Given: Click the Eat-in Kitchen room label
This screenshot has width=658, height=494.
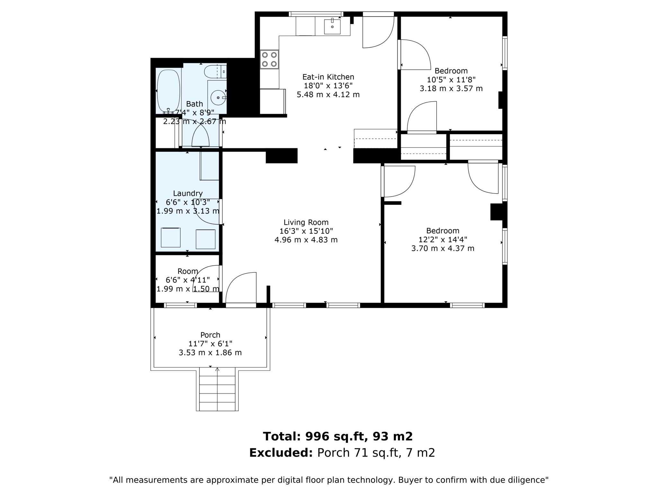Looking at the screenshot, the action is (x=328, y=77).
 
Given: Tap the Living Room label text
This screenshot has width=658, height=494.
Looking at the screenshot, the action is (x=306, y=223).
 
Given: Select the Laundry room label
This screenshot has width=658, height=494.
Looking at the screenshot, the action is (x=188, y=194).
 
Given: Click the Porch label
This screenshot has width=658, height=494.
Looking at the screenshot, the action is (x=210, y=335).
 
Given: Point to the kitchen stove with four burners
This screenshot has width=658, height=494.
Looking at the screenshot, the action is (x=269, y=59).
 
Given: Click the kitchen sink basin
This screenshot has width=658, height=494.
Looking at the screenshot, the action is (x=332, y=26).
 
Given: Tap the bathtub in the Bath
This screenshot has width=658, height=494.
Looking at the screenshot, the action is (x=168, y=91).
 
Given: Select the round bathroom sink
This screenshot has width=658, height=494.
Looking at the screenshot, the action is (x=218, y=97).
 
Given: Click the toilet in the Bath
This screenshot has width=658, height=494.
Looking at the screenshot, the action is (x=215, y=71).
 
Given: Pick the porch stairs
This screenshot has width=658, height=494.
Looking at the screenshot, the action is (x=217, y=389).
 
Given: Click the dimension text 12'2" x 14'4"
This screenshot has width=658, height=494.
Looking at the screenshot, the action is (x=442, y=240).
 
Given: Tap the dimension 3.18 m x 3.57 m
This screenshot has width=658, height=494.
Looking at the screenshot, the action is (x=451, y=88).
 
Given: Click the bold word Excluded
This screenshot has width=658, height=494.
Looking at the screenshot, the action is (x=281, y=453).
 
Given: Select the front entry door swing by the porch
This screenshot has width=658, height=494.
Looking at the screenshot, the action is (x=241, y=288).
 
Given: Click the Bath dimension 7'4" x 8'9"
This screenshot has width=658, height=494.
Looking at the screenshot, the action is (x=195, y=113).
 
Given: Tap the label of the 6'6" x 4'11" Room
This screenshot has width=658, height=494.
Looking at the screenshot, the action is (x=188, y=271).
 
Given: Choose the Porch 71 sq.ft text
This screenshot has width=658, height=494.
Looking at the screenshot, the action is (x=360, y=453).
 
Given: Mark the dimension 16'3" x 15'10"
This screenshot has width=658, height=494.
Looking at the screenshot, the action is (x=306, y=231).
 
